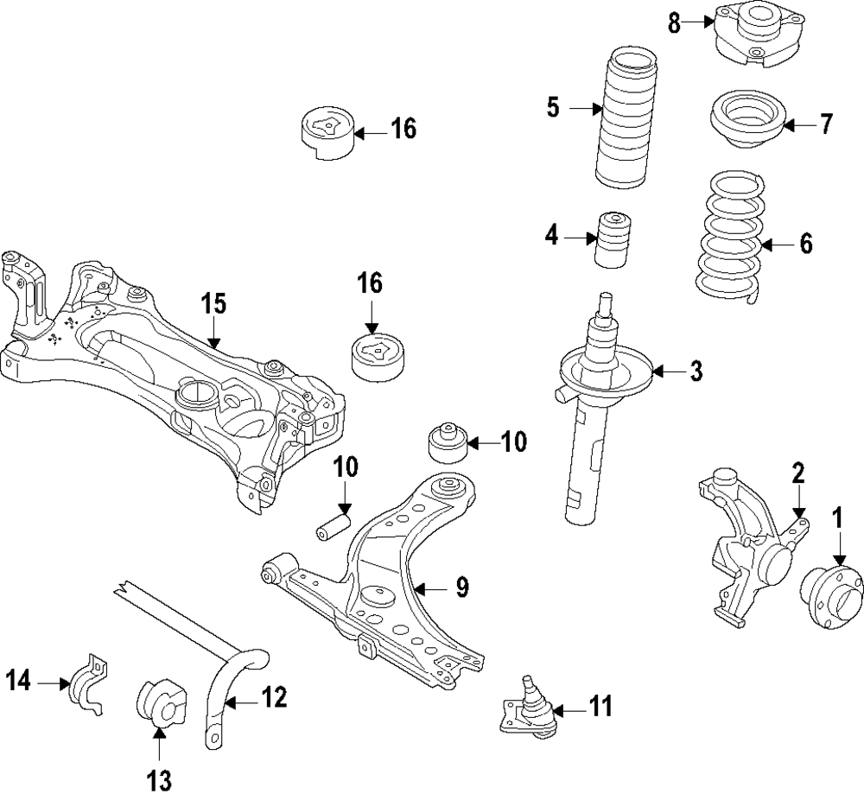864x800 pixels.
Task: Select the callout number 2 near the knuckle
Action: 798,472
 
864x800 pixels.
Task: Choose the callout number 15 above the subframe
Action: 213,304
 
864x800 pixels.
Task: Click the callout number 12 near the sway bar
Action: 273,697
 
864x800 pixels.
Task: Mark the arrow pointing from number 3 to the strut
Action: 666,372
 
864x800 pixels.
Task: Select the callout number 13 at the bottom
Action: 159,780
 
